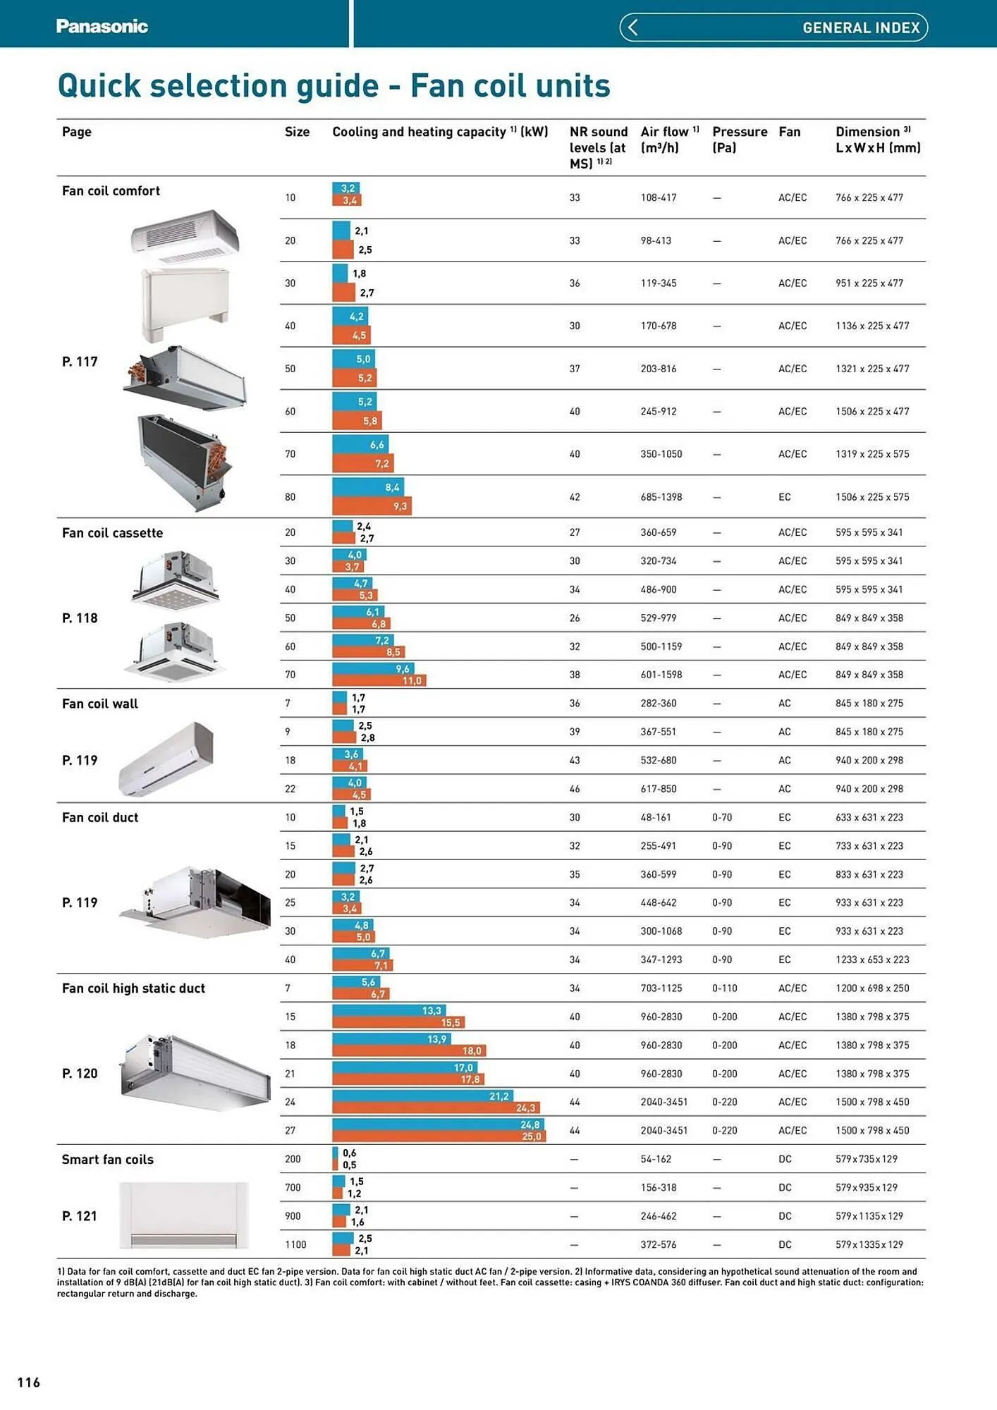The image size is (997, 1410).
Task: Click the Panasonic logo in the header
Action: (x=102, y=27)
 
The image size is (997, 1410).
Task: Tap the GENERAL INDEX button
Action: (x=860, y=27)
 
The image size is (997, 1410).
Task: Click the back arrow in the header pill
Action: (x=632, y=27)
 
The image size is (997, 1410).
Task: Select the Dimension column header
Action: (x=877, y=140)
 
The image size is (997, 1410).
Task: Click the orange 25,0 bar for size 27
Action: (x=439, y=1136)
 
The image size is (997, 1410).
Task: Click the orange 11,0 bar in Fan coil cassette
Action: (x=379, y=680)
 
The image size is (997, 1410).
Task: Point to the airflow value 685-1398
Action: (x=661, y=497)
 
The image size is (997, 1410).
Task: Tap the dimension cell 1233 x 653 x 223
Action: (x=871, y=960)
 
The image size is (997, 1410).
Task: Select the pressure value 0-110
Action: (x=724, y=988)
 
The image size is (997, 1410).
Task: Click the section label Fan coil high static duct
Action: (x=133, y=988)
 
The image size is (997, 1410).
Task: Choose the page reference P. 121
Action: (x=79, y=1216)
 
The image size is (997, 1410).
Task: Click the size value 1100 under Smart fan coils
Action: (x=295, y=1245)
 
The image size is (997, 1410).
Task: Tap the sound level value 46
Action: (x=575, y=789)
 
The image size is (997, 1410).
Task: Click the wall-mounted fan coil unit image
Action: (x=166, y=759)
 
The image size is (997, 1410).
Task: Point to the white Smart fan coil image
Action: (x=184, y=1215)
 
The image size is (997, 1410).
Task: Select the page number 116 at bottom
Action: (x=29, y=1383)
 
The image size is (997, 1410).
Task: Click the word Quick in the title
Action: (x=99, y=86)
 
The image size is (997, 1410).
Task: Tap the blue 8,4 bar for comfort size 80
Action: (x=367, y=487)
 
